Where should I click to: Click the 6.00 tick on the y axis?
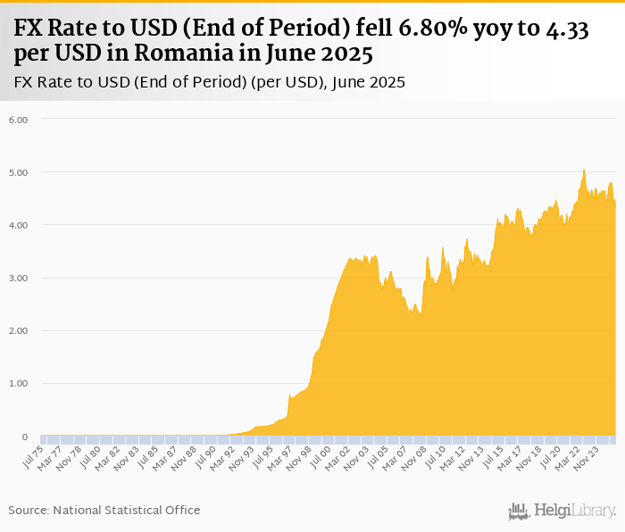(x=18, y=119)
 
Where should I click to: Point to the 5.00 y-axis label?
(x=18, y=171)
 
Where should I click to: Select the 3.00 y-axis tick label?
(x=18, y=278)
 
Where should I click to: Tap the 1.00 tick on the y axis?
(x=18, y=384)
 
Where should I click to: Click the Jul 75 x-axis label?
(x=32, y=454)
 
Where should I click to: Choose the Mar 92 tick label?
(x=226, y=455)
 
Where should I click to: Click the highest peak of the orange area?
(x=583, y=169)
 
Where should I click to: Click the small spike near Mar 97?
(x=289, y=395)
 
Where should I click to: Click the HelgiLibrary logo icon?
(x=519, y=511)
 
